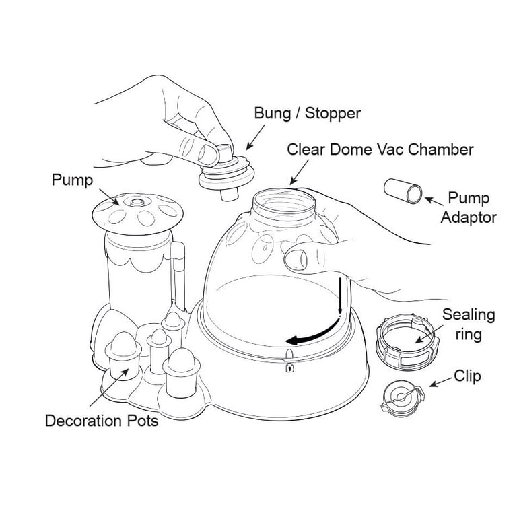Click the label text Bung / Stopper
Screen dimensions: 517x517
pos(308,113)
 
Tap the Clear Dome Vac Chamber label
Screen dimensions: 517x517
pos(381,149)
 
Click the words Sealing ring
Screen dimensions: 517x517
pos(469,323)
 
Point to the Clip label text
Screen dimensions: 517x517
pos(467,376)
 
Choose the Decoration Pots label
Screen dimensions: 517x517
pos(101,422)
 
